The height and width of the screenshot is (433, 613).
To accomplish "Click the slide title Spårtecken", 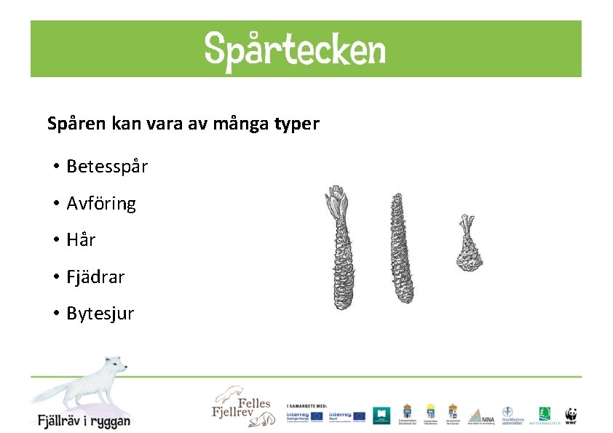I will (295, 49).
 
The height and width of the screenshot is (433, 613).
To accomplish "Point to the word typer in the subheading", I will (296, 124).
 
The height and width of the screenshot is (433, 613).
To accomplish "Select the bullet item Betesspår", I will (107, 167).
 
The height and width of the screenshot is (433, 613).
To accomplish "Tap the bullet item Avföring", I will (101, 204).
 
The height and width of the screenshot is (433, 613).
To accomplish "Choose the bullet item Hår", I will (81, 240).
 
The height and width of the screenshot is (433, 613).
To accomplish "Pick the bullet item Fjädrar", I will (95, 277).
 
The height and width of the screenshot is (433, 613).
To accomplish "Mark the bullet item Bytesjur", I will (100, 314).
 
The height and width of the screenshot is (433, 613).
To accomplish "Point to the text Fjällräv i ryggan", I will (84, 421).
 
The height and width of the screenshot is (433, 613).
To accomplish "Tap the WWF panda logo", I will (572, 415).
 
